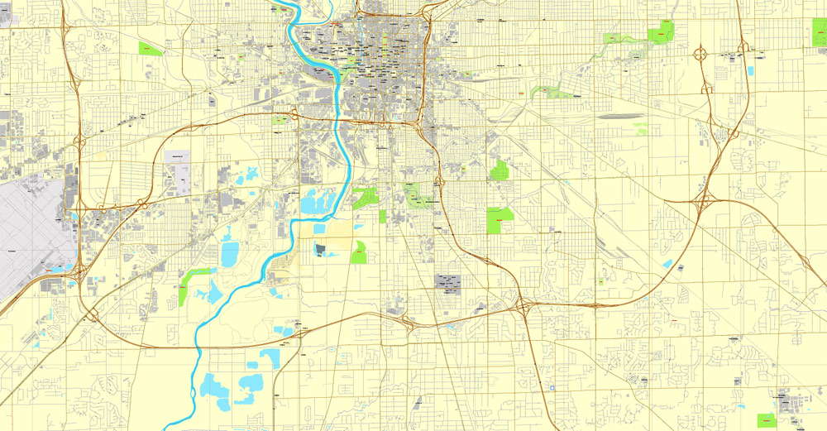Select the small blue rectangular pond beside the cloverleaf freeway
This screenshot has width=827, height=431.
[749, 70]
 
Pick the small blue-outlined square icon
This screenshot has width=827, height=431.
[551, 386]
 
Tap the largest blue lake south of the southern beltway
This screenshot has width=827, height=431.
[217, 386]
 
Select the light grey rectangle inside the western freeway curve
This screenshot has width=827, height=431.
[178, 156]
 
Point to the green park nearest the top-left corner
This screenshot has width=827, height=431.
[150, 49]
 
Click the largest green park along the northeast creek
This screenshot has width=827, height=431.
[662, 32]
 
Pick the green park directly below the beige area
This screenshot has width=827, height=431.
[358, 252]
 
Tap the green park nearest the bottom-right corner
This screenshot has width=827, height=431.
[767, 420]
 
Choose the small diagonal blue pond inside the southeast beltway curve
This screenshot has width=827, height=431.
[667, 264]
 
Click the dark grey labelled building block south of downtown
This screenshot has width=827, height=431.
[449, 282]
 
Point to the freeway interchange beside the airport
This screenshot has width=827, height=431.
[79, 268]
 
